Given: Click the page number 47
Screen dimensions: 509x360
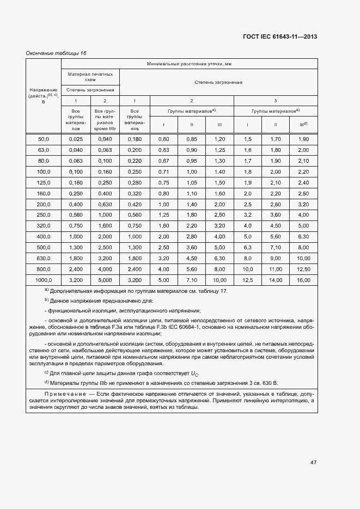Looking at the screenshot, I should tap(313, 462).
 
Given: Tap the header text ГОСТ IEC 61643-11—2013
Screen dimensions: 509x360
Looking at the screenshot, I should tap(279, 37).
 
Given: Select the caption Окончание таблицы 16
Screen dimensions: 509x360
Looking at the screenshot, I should tap(57, 53).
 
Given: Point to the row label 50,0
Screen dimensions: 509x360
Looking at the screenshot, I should tap(44, 139).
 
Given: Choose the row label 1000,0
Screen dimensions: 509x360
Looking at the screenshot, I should tap(44, 280).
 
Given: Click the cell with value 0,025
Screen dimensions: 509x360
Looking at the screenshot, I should tap(76, 139).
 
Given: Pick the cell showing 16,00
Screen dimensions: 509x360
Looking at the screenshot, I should tap(303, 280).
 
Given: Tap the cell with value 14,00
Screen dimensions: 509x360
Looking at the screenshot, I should tap(276, 280).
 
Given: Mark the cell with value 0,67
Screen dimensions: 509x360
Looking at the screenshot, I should tap(163, 161).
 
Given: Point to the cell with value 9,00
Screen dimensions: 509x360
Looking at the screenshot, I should tap(276, 258).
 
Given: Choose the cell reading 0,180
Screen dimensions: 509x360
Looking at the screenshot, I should tap(134, 139).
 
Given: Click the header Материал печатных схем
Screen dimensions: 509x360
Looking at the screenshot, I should tap(90, 76).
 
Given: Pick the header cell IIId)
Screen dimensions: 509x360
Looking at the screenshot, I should tap(303, 125).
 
